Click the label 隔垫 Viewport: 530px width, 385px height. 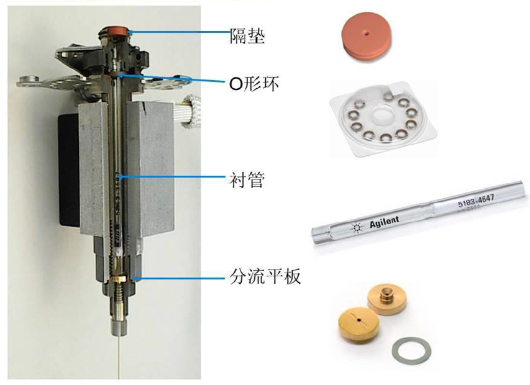click(x=247, y=36)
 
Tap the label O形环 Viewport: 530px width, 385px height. click(x=254, y=83)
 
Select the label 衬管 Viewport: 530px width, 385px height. click(x=247, y=179)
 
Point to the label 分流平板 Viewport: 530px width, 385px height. click(x=265, y=276)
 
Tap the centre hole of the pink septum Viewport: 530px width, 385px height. click(x=367, y=33)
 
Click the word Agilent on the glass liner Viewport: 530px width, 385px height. click(x=385, y=222)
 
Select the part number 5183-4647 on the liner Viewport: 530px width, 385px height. click(x=476, y=201)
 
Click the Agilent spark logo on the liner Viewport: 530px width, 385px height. click(x=356, y=229)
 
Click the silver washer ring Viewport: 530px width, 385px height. click(x=411, y=350)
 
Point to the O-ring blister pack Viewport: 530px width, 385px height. click(x=383, y=119)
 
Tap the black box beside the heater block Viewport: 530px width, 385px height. click(x=70, y=170)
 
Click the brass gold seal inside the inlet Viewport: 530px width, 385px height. click(x=118, y=279)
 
